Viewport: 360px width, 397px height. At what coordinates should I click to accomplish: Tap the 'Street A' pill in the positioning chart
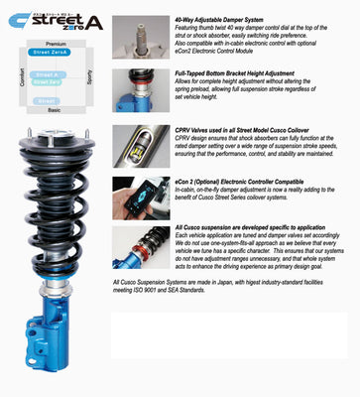(48, 75)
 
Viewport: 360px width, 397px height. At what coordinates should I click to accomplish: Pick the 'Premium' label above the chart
(57, 44)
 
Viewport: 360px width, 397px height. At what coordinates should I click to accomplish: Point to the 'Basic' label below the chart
(55, 110)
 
